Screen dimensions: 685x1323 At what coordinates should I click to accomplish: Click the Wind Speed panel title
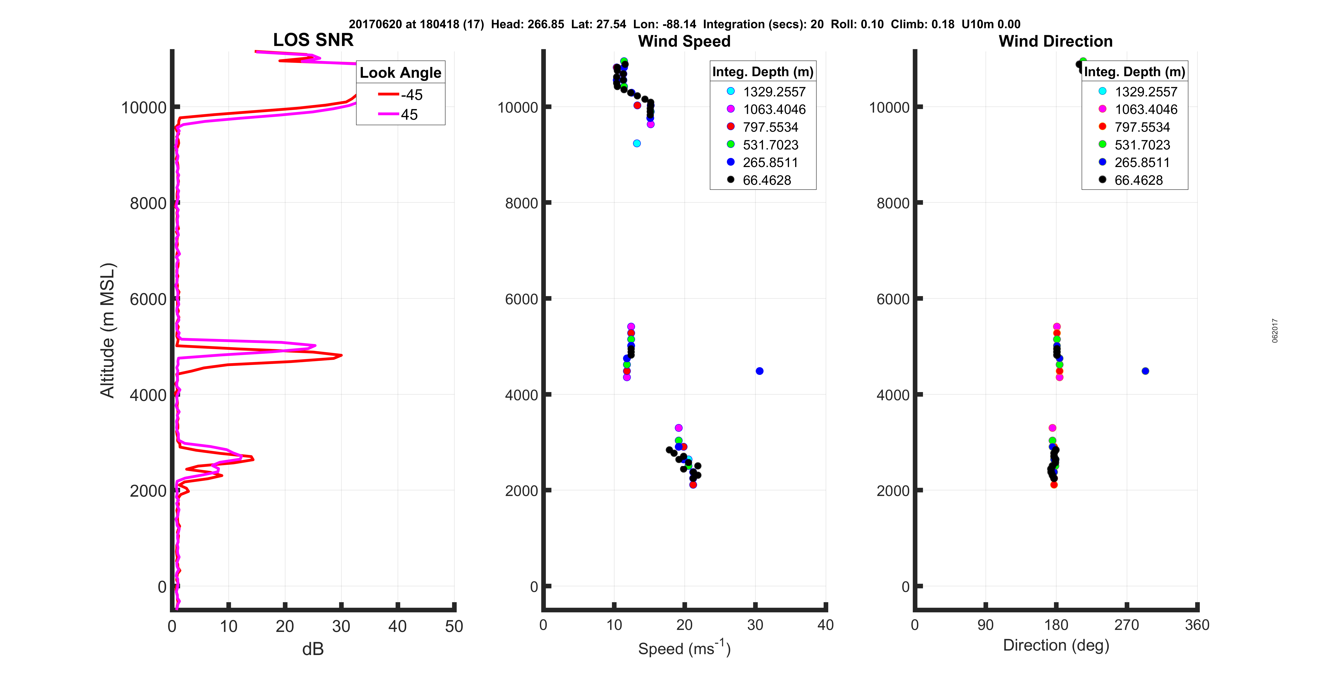(x=684, y=41)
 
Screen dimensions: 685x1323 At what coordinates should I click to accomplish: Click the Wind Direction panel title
(x=1056, y=41)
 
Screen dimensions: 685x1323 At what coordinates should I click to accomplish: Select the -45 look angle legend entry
(x=401, y=95)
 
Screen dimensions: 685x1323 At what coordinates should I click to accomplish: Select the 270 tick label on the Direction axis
(x=1126, y=625)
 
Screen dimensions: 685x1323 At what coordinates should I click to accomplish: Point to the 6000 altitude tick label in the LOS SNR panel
(x=148, y=299)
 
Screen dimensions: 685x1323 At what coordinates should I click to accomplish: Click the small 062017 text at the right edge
(x=1275, y=331)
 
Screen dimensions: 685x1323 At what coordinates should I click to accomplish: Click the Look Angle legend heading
(x=400, y=73)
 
